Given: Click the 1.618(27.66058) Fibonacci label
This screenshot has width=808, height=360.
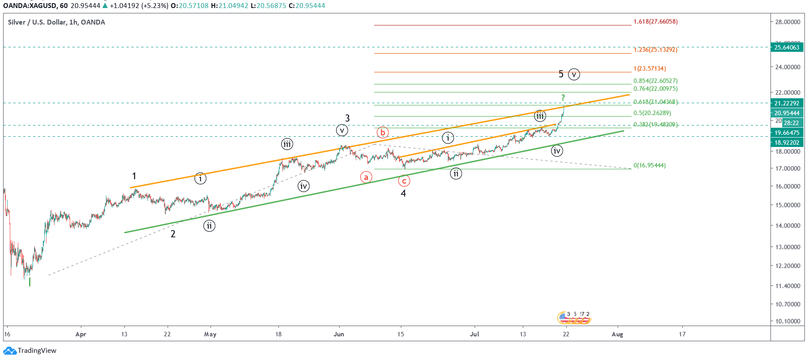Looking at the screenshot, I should [655, 21].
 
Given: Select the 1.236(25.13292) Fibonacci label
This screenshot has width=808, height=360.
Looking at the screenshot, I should [655, 50].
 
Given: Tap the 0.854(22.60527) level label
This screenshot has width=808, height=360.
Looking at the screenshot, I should [655, 81].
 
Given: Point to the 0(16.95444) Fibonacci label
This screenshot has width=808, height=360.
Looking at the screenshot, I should [649, 165].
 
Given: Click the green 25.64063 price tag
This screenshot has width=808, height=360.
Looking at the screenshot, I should [787, 47].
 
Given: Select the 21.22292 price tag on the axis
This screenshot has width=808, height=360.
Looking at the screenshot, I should [787, 103].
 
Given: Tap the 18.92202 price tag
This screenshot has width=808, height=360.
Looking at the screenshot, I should [787, 142].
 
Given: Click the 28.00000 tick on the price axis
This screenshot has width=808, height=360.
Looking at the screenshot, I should [787, 22].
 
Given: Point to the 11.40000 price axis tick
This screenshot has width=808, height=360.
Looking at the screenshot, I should [787, 286].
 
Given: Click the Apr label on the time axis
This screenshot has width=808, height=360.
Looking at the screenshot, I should [81, 334].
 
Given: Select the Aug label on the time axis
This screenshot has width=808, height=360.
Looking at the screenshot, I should [617, 334].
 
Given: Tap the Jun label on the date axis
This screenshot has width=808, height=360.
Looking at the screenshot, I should [339, 334].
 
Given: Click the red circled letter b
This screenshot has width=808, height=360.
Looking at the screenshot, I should [383, 133].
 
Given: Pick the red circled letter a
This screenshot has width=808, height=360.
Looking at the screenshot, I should [366, 177].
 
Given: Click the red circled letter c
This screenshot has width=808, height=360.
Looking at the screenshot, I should [404, 181].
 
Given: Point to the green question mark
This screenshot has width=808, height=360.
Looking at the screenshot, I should [563, 97].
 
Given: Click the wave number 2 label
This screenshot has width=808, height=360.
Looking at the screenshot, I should [173, 234].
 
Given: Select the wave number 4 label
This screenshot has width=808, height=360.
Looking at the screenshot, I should [403, 193].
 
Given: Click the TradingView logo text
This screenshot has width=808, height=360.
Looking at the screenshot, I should [37, 351].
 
